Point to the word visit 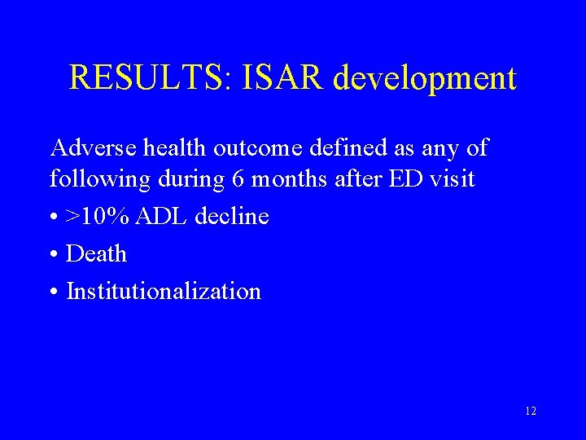click(448, 179)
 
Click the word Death click(97, 253)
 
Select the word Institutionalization click(164, 291)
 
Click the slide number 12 click(531, 411)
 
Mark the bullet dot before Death click(54, 255)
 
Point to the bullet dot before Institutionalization click(54, 293)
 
